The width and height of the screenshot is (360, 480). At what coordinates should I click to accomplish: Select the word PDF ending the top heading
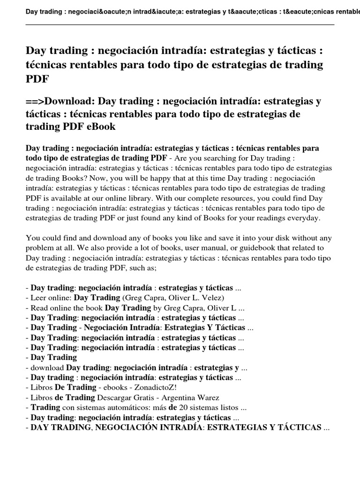37,78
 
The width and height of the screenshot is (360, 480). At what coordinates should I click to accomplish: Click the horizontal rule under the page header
180,24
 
